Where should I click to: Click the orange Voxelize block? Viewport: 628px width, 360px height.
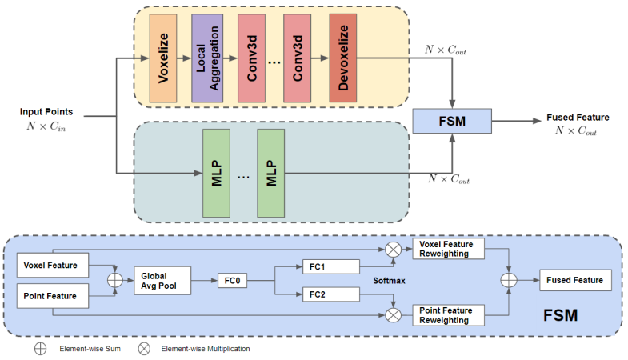point(162,56)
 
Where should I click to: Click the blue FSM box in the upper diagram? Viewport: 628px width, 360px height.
point(450,121)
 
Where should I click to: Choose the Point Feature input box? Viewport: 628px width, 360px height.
point(50,296)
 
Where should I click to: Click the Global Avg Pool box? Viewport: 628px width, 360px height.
point(162,279)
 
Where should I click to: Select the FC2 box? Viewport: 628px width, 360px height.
point(330,294)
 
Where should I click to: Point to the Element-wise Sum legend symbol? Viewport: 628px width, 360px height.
point(40,350)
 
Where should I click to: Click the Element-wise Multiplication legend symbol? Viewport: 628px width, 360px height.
point(145,350)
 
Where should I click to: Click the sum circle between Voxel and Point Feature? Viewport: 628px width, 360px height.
point(114,280)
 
